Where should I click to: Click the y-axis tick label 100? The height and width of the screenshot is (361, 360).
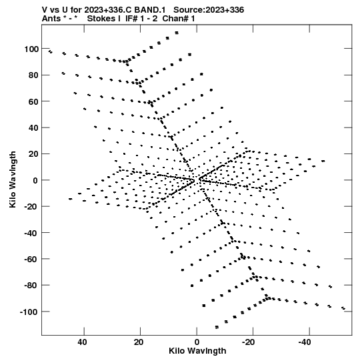pyautogui.click(x=31, y=49)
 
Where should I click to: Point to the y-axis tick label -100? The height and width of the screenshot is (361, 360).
pyautogui.click(x=29, y=312)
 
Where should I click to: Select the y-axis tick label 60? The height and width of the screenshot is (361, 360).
pyautogui.click(x=33, y=101)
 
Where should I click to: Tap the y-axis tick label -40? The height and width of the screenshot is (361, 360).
pyautogui.click(x=31, y=234)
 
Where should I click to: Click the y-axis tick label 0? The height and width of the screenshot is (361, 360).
pyautogui.click(x=35, y=180)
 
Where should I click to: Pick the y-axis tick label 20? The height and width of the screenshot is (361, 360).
pyautogui.click(x=33, y=154)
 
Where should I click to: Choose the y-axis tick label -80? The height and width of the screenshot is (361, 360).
pyautogui.click(x=31, y=286)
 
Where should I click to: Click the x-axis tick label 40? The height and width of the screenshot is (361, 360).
pyautogui.click(x=83, y=342)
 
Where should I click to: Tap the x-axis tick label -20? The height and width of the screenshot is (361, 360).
pyautogui.click(x=249, y=342)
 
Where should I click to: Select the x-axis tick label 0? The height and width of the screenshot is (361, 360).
pyautogui.click(x=197, y=342)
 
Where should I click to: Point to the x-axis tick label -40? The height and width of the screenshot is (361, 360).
pyautogui.click(x=305, y=342)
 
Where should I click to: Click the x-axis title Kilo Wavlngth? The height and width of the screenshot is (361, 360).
pyautogui.click(x=197, y=351)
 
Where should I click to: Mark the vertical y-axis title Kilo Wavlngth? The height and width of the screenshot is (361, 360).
pyautogui.click(x=13, y=179)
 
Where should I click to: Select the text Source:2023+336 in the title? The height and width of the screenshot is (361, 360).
pyautogui.click(x=209, y=10)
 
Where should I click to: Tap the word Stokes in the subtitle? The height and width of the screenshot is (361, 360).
pyautogui.click(x=103, y=19)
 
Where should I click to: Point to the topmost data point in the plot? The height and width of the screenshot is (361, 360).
pyautogui.click(x=177, y=33)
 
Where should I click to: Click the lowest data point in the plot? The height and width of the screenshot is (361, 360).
pyautogui.click(x=217, y=327)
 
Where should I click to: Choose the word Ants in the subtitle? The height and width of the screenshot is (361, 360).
pyautogui.click(x=51, y=19)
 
